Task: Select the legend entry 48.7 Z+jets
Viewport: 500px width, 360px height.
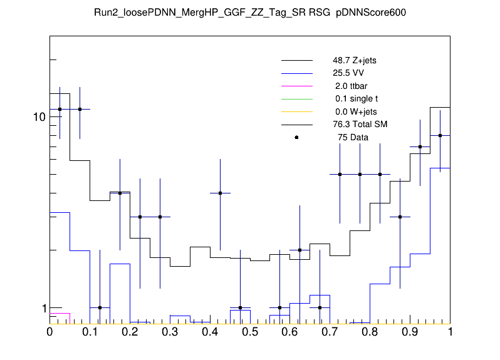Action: point(354,61)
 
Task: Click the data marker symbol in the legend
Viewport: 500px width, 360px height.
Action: point(296,137)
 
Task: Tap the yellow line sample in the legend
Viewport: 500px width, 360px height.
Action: point(296,111)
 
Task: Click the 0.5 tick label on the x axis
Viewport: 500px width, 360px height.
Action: point(250,332)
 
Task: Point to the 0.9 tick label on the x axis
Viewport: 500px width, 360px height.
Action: point(410,332)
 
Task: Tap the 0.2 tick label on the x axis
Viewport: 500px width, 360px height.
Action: point(130,332)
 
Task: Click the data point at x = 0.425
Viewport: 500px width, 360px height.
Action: point(220,193)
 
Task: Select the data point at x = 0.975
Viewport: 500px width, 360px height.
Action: point(440,135)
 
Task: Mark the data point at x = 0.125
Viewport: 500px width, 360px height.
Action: point(100,307)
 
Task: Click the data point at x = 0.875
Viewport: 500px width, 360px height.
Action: point(400,217)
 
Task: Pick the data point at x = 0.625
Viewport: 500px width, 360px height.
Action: point(300,250)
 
